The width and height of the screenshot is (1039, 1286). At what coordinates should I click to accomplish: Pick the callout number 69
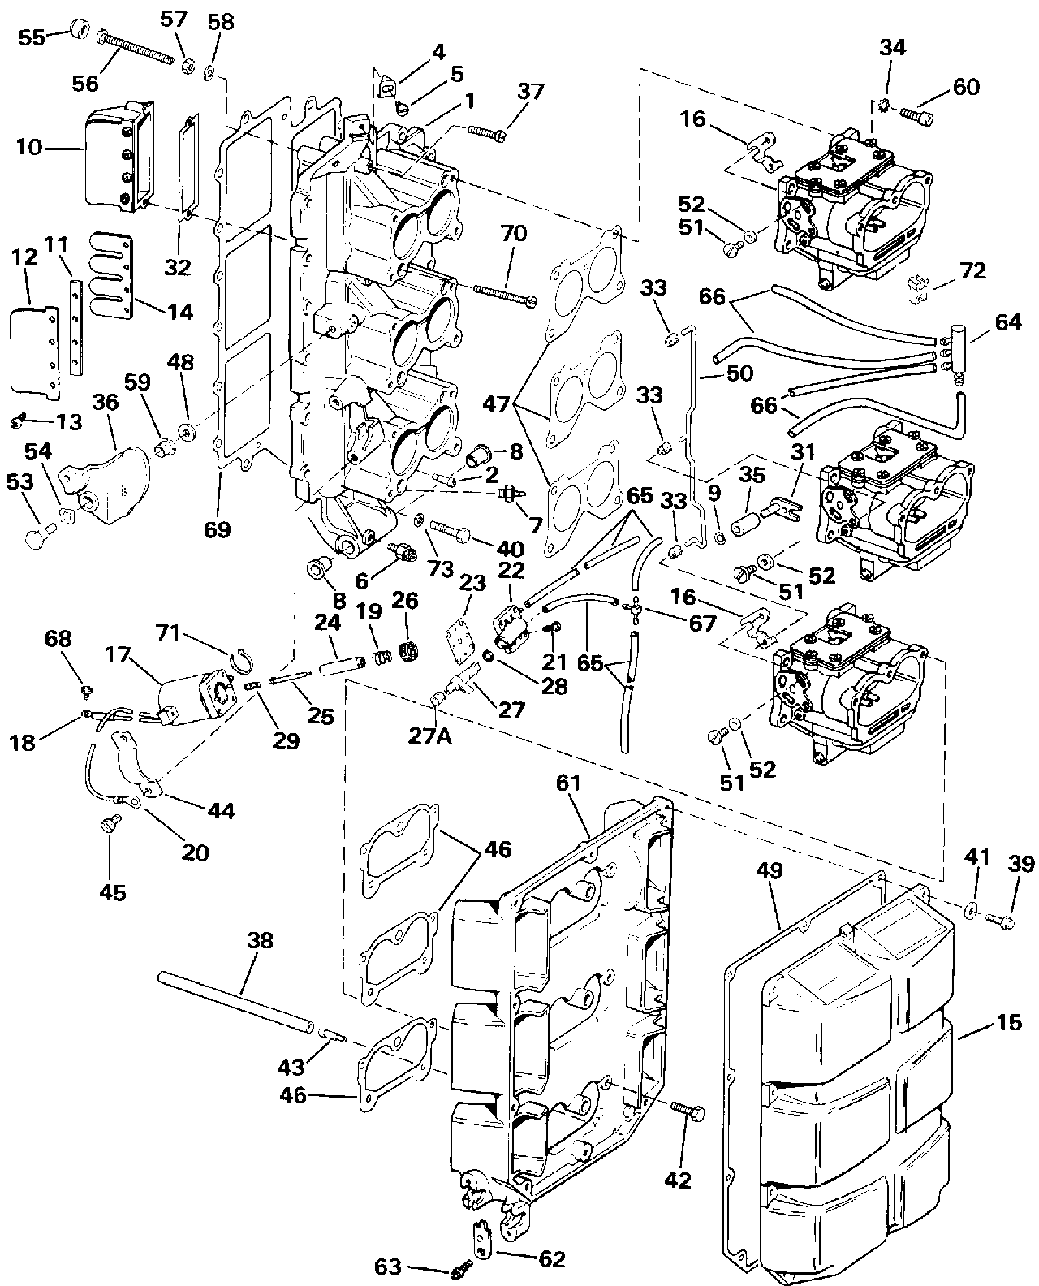[x=218, y=529]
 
